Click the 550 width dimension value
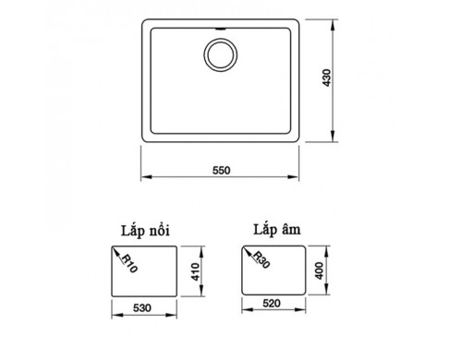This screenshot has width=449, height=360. click(x=221, y=170)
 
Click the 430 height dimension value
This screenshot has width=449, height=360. click(x=327, y=78)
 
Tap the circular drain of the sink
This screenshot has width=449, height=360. click(x=221, y=54)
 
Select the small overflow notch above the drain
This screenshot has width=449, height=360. click(x=221, y=29)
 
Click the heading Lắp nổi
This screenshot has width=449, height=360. click(x=145, y=231)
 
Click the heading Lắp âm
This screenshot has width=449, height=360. click(x=276, y=230)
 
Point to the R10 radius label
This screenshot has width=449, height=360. click(x=129, y=264)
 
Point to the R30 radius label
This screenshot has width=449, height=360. click(x=261, y=259)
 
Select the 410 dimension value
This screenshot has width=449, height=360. click(x=196, y=271)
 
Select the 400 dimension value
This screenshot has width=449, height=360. click(x=320, y=270)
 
